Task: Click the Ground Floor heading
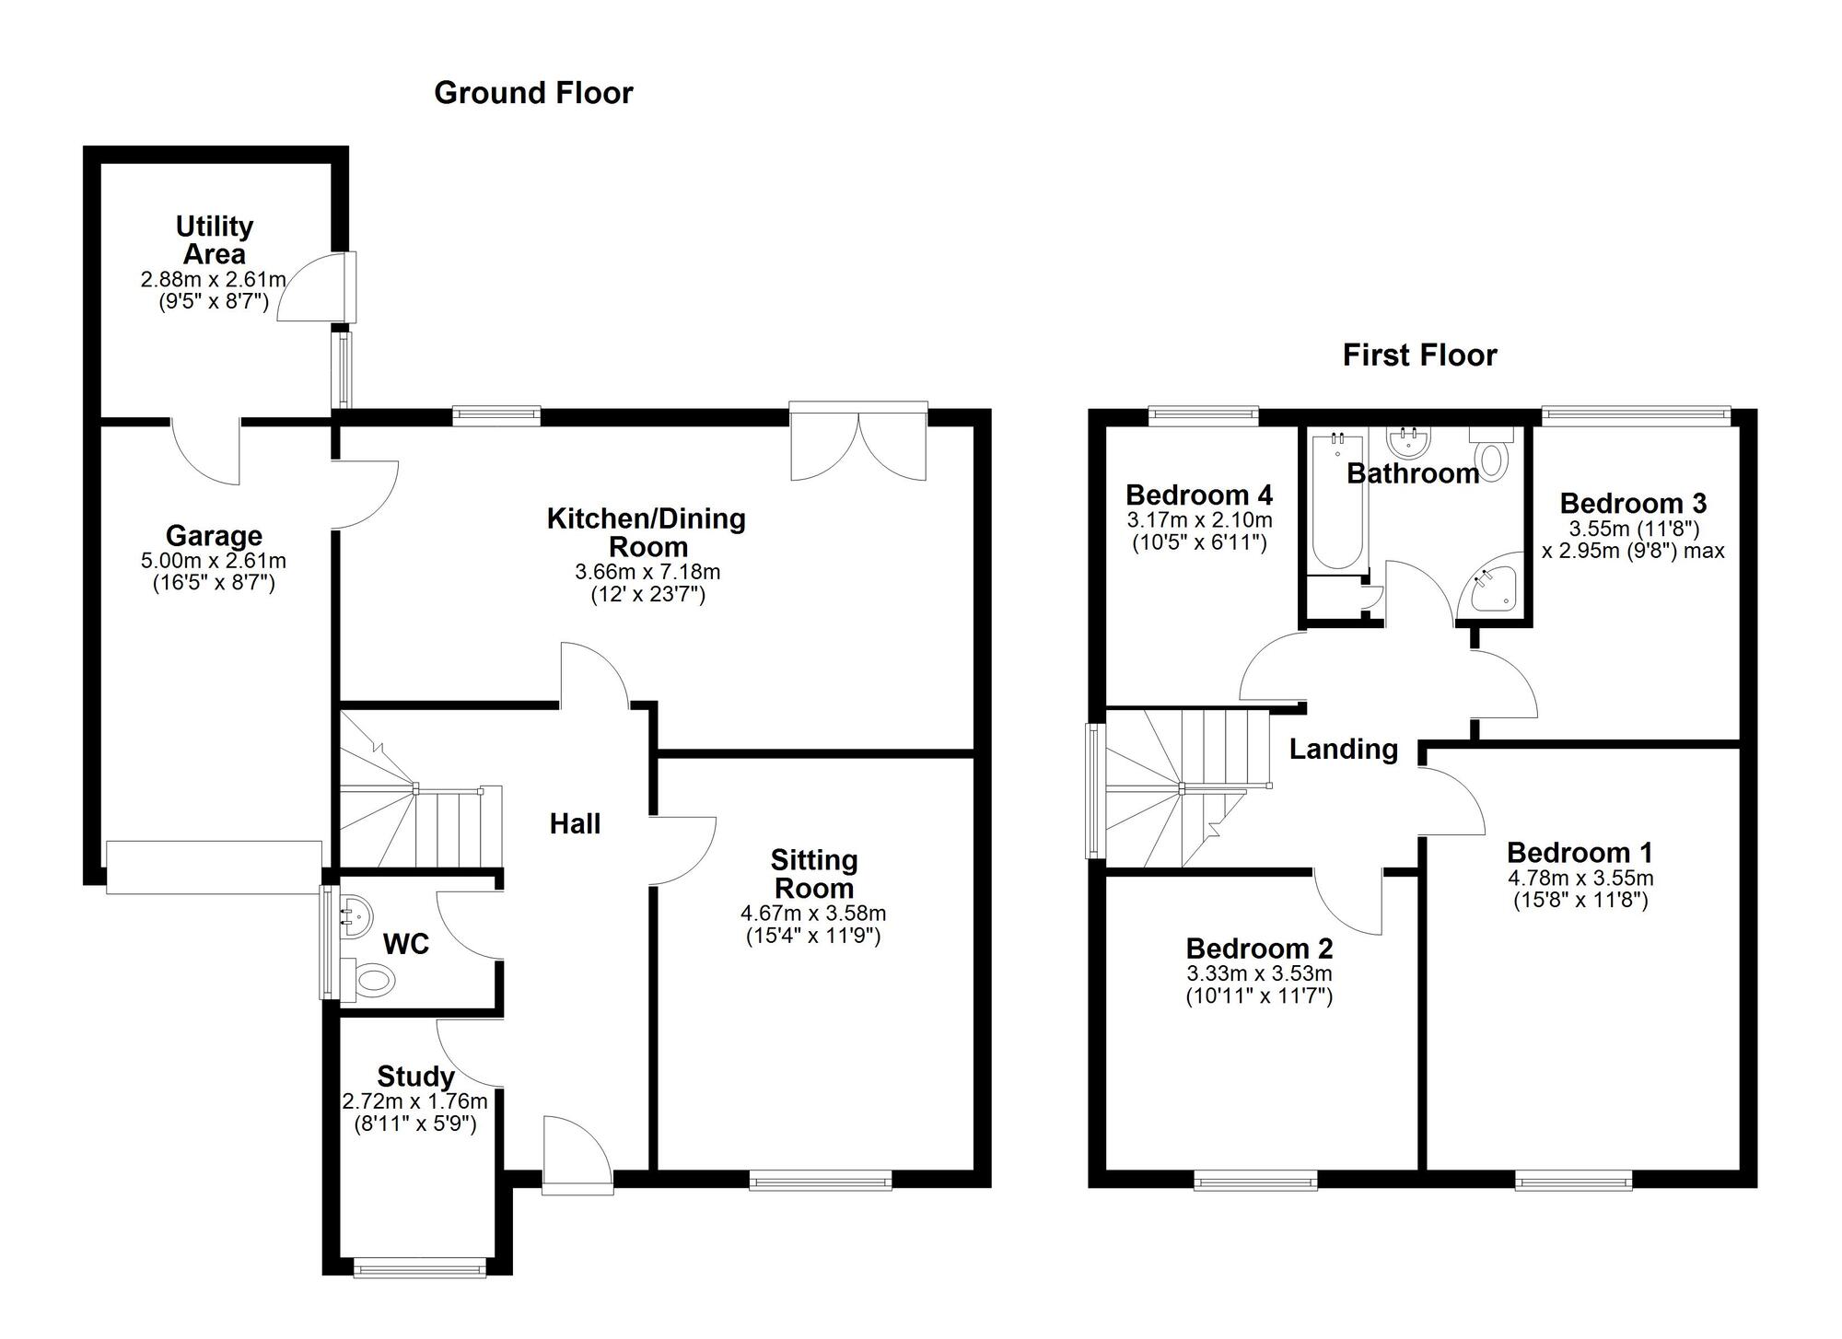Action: pyautogui.click(x=533, y=93)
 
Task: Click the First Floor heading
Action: pyautogui.click(x=1419, y=355)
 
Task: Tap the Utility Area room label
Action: pyautogui.click(x=215, y=239)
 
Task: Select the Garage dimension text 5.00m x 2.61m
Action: pyautogui.click(x=214, y=561)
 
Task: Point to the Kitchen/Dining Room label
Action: pyautogui.click(x=647, y=531)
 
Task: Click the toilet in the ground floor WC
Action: pyautogui.click(x=372, y=980)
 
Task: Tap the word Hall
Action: pyautogui.click(x=575, y=823)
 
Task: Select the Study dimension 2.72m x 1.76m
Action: pyautogui.click(x=414, y=1101)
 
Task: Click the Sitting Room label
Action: pyautogui.click(x=813, y=874)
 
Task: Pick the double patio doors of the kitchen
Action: pyautogui.click(x=858, y=443)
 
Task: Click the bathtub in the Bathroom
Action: pyautogui.click(x=1336, y=502)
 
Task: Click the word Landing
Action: pyautogui.click(x=1343, y=749)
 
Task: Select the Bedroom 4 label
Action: pyautogui.click(x=1198, y=495)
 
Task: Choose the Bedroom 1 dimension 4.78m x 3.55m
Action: pyautogui.click(x=1580, y=879)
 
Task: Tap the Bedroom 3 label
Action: pyautogui.click(x=1632, y=504)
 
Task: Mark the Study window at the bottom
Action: pyautogui.click(x=420, y=1268)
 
